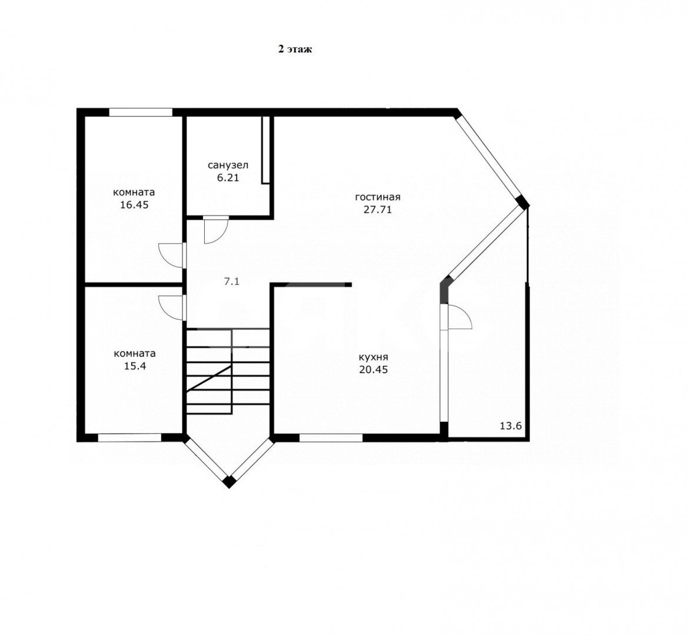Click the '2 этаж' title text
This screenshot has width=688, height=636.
point(295,49)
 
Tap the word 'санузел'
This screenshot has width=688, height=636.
point(228,165)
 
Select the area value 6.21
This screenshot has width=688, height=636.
point(228,178)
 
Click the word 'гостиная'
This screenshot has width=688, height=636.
point(378,197)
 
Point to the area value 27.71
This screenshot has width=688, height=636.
point(378,210)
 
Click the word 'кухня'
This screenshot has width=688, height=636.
point(373,357)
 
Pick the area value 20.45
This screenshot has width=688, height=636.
point(373,370)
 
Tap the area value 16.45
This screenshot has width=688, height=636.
point(134,204)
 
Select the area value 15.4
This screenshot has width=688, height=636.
point(135,366)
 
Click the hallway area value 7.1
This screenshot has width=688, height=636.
point(232,282)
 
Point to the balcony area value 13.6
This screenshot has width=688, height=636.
point(511,425)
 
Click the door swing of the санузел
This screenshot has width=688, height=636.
point(216,230)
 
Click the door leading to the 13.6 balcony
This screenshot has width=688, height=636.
point(458,316)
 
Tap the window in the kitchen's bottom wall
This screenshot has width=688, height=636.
point(331,438)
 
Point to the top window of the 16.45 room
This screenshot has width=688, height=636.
point(141,112)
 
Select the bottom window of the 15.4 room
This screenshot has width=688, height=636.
point(130,438)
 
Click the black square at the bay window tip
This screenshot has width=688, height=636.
point(228,482)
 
